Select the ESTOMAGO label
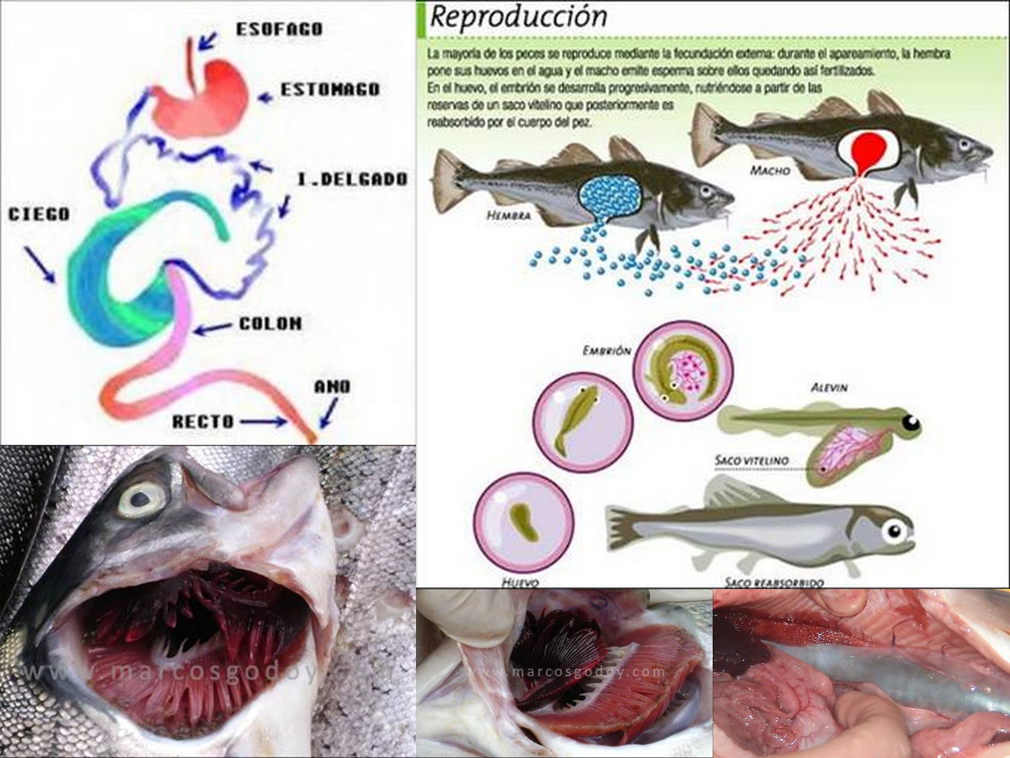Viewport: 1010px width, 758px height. pos(330,90)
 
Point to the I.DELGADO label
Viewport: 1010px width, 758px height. pos(352,179)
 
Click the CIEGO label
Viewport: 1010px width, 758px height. pos(39,215)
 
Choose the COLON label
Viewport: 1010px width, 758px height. pos(270,324)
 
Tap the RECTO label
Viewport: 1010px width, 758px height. pos(203,421)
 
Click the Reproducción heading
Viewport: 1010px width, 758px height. pos(518,18)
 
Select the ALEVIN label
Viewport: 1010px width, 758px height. pos(828,388)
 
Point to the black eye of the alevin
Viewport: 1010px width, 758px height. pos(910,421)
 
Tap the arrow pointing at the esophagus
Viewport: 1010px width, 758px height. pos(206,41)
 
